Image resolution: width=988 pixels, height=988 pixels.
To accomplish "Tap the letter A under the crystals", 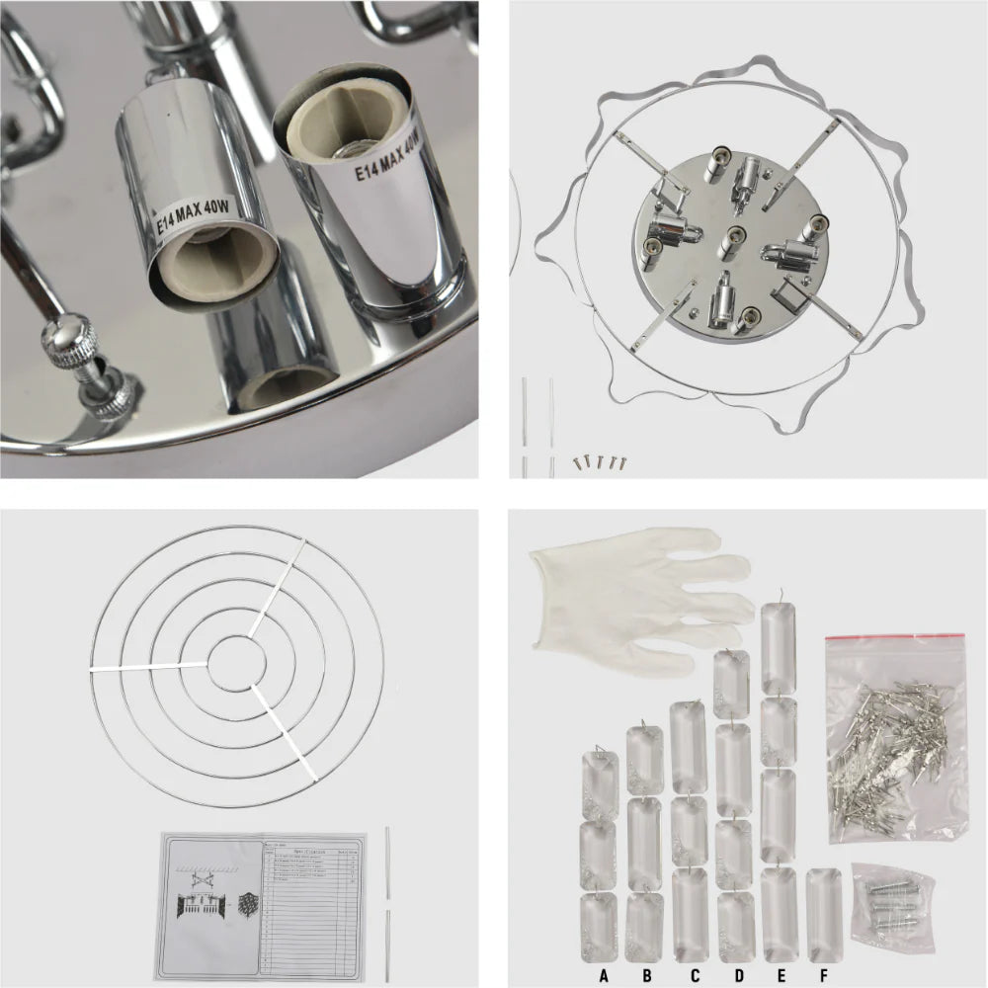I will [603, 976].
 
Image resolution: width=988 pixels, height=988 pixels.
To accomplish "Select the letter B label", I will [647, 976].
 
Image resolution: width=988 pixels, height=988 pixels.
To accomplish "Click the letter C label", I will [695, 976].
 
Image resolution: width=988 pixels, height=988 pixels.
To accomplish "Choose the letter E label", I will [781, 976].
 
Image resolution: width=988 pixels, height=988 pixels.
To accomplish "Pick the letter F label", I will [823, 976].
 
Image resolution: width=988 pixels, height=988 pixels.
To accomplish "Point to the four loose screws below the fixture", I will [600, 459].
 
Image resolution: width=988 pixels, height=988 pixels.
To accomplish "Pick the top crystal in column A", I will [599, 782].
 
